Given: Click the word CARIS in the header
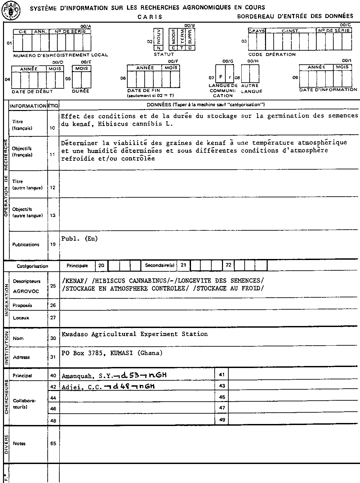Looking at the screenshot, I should coord(150,17).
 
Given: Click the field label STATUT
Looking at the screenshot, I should coord(164,54).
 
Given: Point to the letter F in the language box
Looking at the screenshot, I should coord(220,77).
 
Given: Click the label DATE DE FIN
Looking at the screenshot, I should coord(144,90).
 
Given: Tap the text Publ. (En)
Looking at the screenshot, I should coord(79,239).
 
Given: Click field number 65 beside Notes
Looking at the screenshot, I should coord(53,443).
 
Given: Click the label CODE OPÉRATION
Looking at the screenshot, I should coord(272,54).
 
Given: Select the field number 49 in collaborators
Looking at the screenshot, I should coord(222,420).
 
